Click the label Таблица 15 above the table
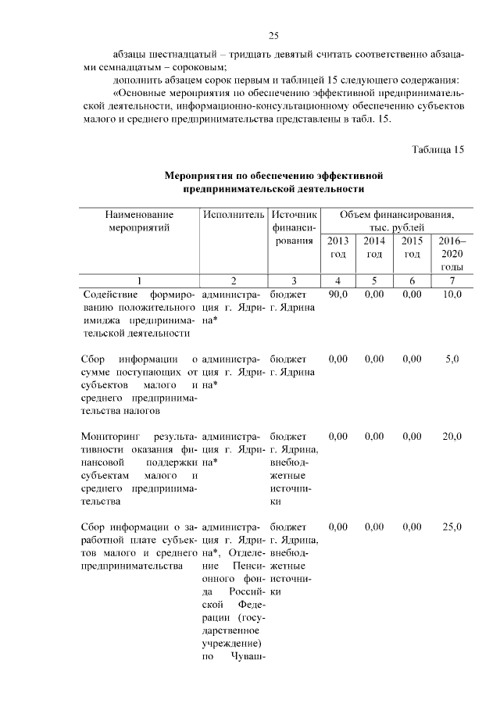pos(437,150)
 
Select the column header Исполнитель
pos(234,213)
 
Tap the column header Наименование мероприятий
pos(140,220)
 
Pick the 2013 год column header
pos(337,248)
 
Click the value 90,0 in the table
pos(337,295)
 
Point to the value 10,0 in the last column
pos(452,295)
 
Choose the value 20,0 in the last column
pos(452,436)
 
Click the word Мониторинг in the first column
pos(111,436)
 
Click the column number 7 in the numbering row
pos(452,280)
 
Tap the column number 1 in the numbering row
pos(140,280)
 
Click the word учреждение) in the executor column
pos(235,642)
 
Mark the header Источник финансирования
pos(293,227)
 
